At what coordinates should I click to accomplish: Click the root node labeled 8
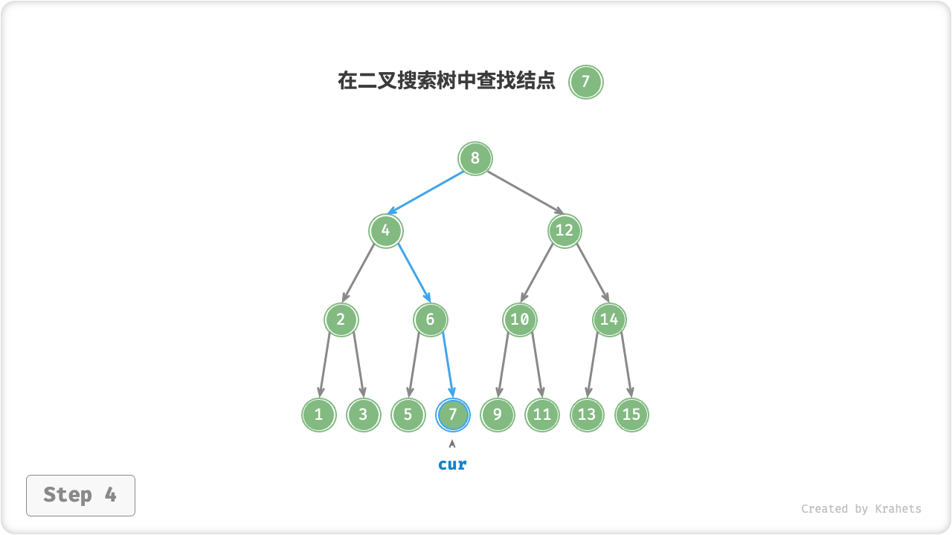(x=475, y=158)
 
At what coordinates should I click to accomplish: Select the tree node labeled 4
(x=385, y=230)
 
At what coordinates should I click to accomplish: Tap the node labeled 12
(x=565, y=230)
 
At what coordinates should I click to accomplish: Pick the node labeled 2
(x=341, y=320)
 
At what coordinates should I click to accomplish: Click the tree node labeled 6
(x=430, y=320)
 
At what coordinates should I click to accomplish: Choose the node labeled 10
(x=520, y=320)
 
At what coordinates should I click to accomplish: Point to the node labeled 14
(x=609, y=320)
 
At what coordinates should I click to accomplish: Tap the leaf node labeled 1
(x=318, y=415)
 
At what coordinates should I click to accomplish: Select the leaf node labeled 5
(x=408, y=415)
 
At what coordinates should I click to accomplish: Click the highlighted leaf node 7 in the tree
(x=452, y=415)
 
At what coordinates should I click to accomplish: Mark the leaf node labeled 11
(x=542, y=415)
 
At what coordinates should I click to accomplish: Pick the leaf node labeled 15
(x=631, y=415)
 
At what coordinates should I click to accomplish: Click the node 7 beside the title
(x=585, y=82)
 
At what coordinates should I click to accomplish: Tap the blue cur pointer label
(x=452, y=464)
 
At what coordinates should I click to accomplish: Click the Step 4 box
(x=80, y=495)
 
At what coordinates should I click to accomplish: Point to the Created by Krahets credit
(x=861, y=509)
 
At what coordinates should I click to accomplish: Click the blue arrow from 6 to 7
(x=448, y=364)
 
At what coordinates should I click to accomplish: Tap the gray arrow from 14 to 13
(x=593, y=364)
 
